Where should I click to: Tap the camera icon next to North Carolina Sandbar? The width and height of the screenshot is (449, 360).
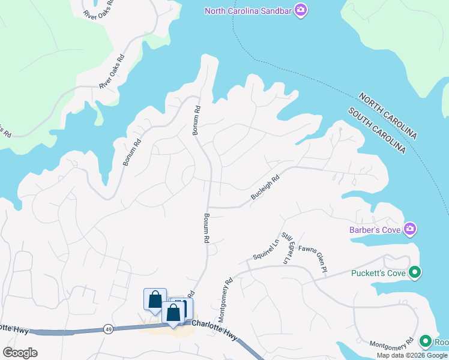[x=301, y=11]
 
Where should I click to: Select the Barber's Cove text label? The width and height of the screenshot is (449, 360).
[x=376, y=229]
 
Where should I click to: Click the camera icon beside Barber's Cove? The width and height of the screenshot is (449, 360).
[x=411, y=229]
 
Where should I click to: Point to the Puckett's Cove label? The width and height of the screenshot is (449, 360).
[x=379, y=274]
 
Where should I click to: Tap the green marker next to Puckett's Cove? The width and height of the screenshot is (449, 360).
[x=415, y=273]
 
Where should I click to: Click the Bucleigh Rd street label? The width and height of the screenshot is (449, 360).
[x=265, y=187]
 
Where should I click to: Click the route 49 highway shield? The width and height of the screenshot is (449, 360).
[x=108, y=328]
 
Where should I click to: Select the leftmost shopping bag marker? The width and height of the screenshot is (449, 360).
[x=155, y=299]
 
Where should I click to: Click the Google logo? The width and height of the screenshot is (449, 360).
[x=20, y=353]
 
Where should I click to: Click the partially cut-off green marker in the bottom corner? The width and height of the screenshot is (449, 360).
[x=426, y=341]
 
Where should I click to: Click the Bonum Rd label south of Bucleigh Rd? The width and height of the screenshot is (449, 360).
[x=205, y=228]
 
